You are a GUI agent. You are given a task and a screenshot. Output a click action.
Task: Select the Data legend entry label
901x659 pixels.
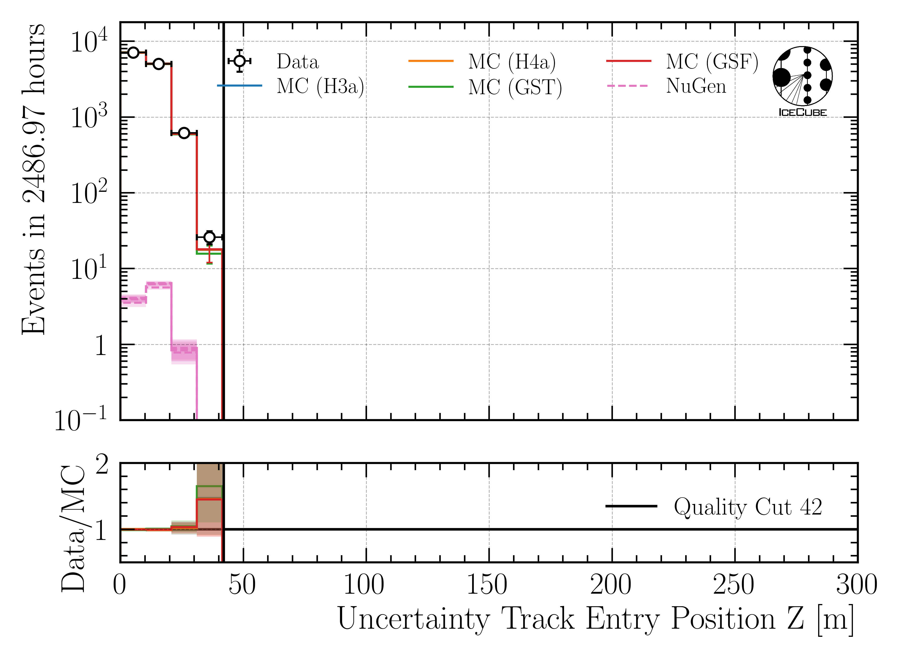(298, 62)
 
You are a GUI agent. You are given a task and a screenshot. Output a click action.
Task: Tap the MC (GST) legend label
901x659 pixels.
(515, 87)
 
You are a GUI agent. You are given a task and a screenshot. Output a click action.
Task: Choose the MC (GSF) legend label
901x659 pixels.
(712, 62)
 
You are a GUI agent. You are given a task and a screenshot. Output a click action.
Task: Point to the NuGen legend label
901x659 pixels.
(696, 86)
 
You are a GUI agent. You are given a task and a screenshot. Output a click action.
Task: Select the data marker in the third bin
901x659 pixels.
(184, 133)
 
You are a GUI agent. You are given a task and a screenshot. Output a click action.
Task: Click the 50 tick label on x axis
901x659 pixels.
(242, 585)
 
